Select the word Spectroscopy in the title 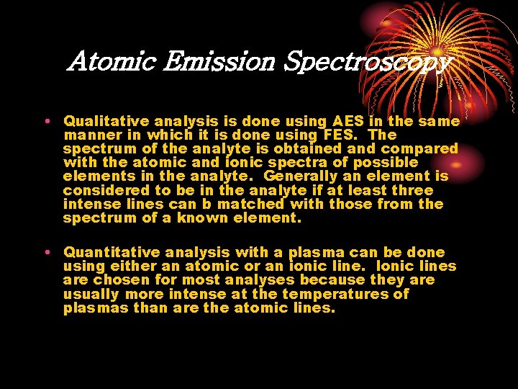[x=367, y=62]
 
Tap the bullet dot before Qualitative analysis [x=45, y=120]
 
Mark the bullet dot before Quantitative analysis [x=45, y=251]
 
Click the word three [x=412, y=190]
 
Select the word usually [x=91, y=294]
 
